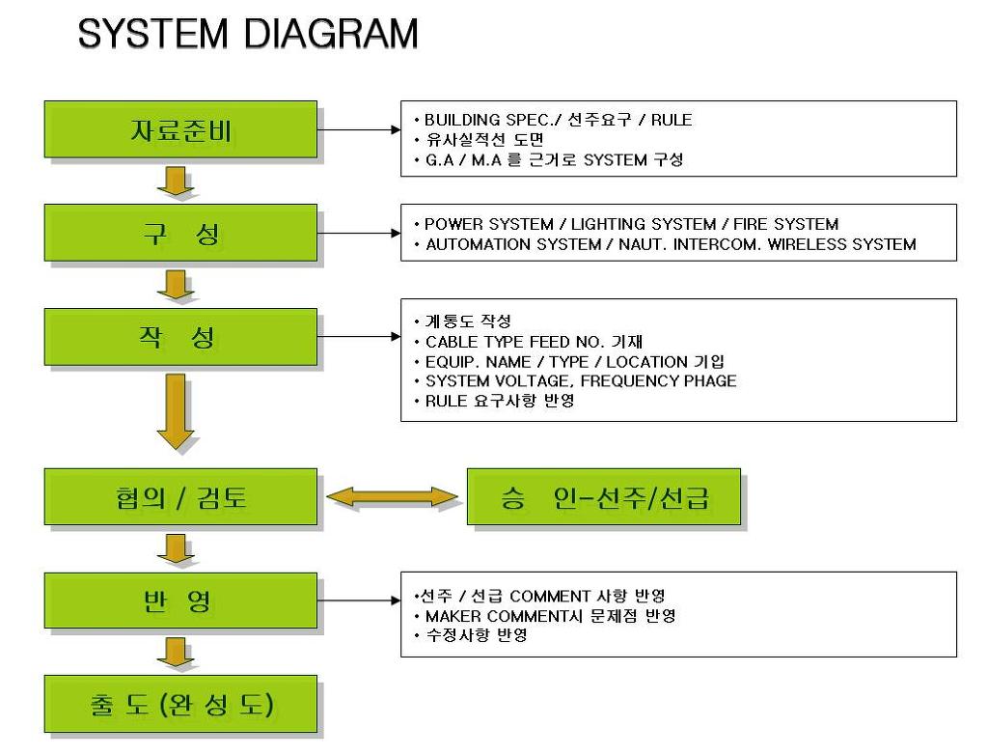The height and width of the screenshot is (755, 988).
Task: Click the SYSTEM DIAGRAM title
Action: point(248,35)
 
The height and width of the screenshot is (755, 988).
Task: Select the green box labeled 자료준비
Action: point(180,129)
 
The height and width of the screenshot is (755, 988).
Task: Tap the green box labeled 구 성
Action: point(180,233)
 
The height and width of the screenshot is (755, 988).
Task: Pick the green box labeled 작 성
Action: point(180,337)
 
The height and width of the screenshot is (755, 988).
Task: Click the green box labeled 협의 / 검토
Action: point(180,497)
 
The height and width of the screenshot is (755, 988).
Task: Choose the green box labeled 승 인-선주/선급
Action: point(604,497)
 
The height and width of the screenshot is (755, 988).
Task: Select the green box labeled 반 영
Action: point(180,601)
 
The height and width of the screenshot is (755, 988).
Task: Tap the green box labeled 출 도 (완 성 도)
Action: point(180,704)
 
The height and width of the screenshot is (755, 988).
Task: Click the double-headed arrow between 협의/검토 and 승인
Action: point(392,497)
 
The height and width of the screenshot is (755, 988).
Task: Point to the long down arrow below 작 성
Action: point(176,410)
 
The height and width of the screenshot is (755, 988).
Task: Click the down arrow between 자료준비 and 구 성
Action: point(176,181)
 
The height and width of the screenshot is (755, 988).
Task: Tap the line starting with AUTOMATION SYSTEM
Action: point(671,244)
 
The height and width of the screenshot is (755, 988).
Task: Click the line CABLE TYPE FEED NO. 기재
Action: point(534,342)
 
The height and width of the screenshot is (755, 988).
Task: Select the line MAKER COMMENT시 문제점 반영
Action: point(550,616)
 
